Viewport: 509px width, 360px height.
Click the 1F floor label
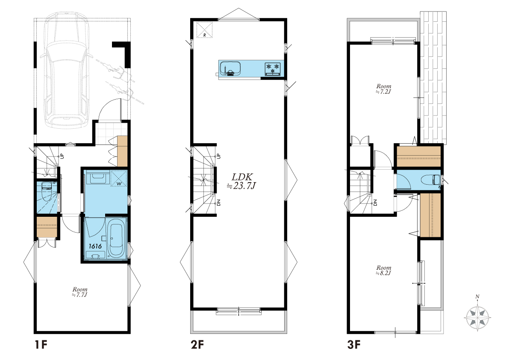point(41,345)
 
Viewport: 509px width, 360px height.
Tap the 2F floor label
point(197,345)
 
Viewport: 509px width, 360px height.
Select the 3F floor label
point(354,345)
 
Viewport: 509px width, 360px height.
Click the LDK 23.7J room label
point(242,181)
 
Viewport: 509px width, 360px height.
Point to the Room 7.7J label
point(80,292)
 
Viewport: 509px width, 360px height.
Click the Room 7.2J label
point(384,89)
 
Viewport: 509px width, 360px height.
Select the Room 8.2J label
point(384,270)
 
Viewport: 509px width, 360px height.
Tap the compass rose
point(477,314)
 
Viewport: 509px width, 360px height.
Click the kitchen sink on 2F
point(230,68)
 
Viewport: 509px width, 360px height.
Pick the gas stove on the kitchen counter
point(273,68)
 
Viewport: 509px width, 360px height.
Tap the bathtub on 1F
point(115,239)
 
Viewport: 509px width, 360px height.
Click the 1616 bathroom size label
point(95,246)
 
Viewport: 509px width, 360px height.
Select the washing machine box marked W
point(118,179)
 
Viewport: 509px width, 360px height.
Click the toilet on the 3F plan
point(430,180)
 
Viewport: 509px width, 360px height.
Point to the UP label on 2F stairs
point(218,156)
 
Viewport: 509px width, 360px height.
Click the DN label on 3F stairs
point(375,202)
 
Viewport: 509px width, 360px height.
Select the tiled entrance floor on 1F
point(108,133)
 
